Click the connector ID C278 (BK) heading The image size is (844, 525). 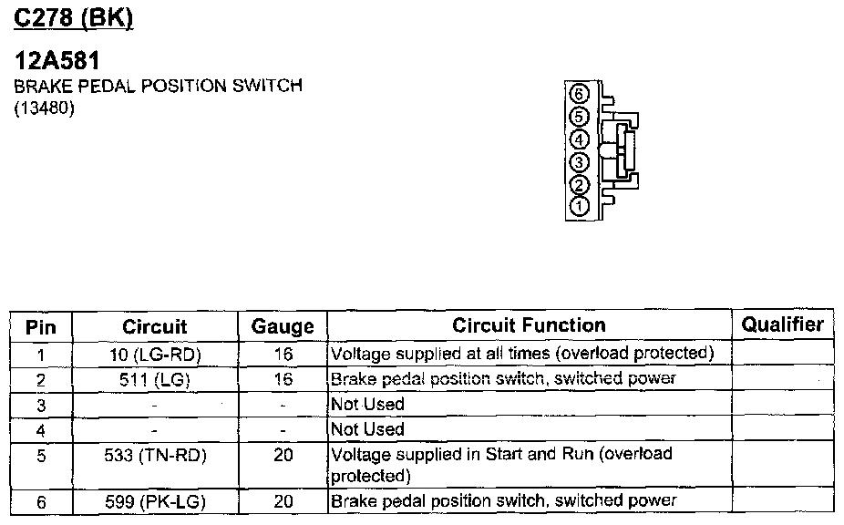75,18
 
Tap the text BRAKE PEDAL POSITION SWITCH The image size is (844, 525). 158,87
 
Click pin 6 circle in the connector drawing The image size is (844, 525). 579,94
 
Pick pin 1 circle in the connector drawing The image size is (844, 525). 579,207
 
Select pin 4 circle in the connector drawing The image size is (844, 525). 579,139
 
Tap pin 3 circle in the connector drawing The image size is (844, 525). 579,162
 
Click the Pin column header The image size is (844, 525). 41,326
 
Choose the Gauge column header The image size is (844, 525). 283,326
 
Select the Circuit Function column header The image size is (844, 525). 529,325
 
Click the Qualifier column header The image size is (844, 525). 782,324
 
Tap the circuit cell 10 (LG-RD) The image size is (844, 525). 154,354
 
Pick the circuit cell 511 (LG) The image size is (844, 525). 154,379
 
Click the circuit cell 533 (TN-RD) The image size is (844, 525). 154,455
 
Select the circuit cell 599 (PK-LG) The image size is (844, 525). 154,500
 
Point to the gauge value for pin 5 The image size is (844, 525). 283,455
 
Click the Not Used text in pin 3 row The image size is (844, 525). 368,404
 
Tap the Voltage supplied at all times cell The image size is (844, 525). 521,354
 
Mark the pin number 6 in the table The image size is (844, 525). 41,500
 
